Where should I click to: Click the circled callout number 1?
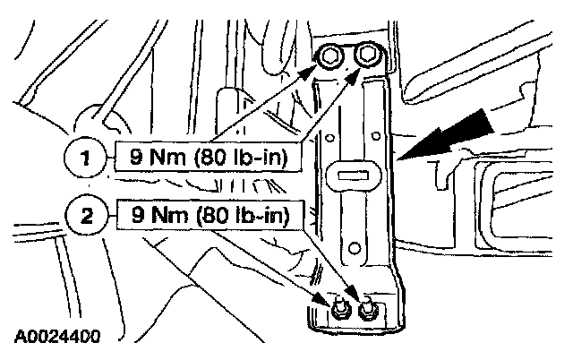click(86, 161)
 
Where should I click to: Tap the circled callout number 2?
click(86, 216)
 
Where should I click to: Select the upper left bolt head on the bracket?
click(329, 56)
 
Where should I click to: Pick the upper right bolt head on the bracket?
click(365, 56)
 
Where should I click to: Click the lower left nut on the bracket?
click(340, 311)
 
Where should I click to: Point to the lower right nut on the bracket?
click(366, 309)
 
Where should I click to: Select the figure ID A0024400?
click(56, 339)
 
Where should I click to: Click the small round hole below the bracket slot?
click(355, 248)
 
